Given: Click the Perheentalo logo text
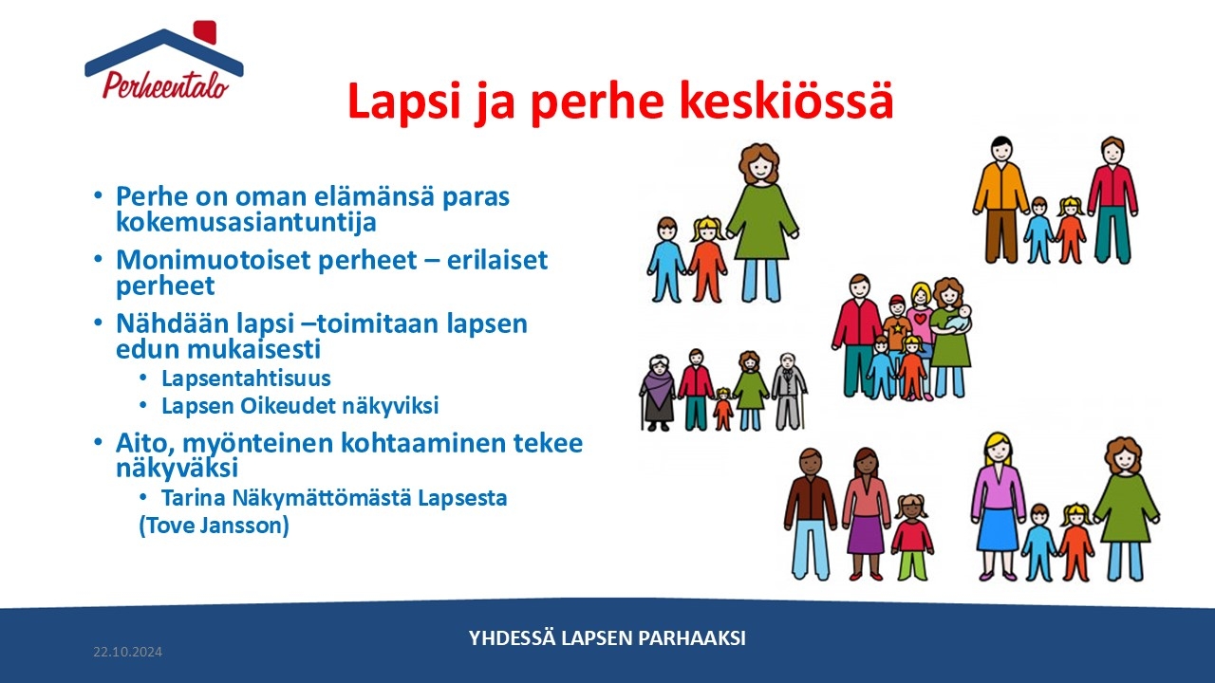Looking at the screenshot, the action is click(165, 85).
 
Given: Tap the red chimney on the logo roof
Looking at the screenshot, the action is click(205, 32).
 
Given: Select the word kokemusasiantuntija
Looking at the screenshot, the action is click(246, 222).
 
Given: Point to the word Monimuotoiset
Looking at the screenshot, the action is click(213, 260).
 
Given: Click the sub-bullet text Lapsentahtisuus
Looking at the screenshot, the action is click(246, 378).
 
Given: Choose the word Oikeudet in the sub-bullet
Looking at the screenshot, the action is click(280, 405).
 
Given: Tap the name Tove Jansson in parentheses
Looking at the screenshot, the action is click(215, 526).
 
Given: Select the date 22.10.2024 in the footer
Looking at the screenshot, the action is click(127, 652).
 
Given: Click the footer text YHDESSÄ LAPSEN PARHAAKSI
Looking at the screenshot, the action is click(607, 638).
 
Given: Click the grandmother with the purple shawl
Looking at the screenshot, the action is click(658, 393).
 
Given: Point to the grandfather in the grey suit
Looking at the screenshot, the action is click(789, 391).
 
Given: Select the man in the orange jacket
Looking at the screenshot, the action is click(1000, 199).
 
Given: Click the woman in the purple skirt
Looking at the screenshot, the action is click(865, 514).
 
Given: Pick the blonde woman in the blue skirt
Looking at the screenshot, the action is click(997, 507).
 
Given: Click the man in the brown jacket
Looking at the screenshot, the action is click(811, 514).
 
